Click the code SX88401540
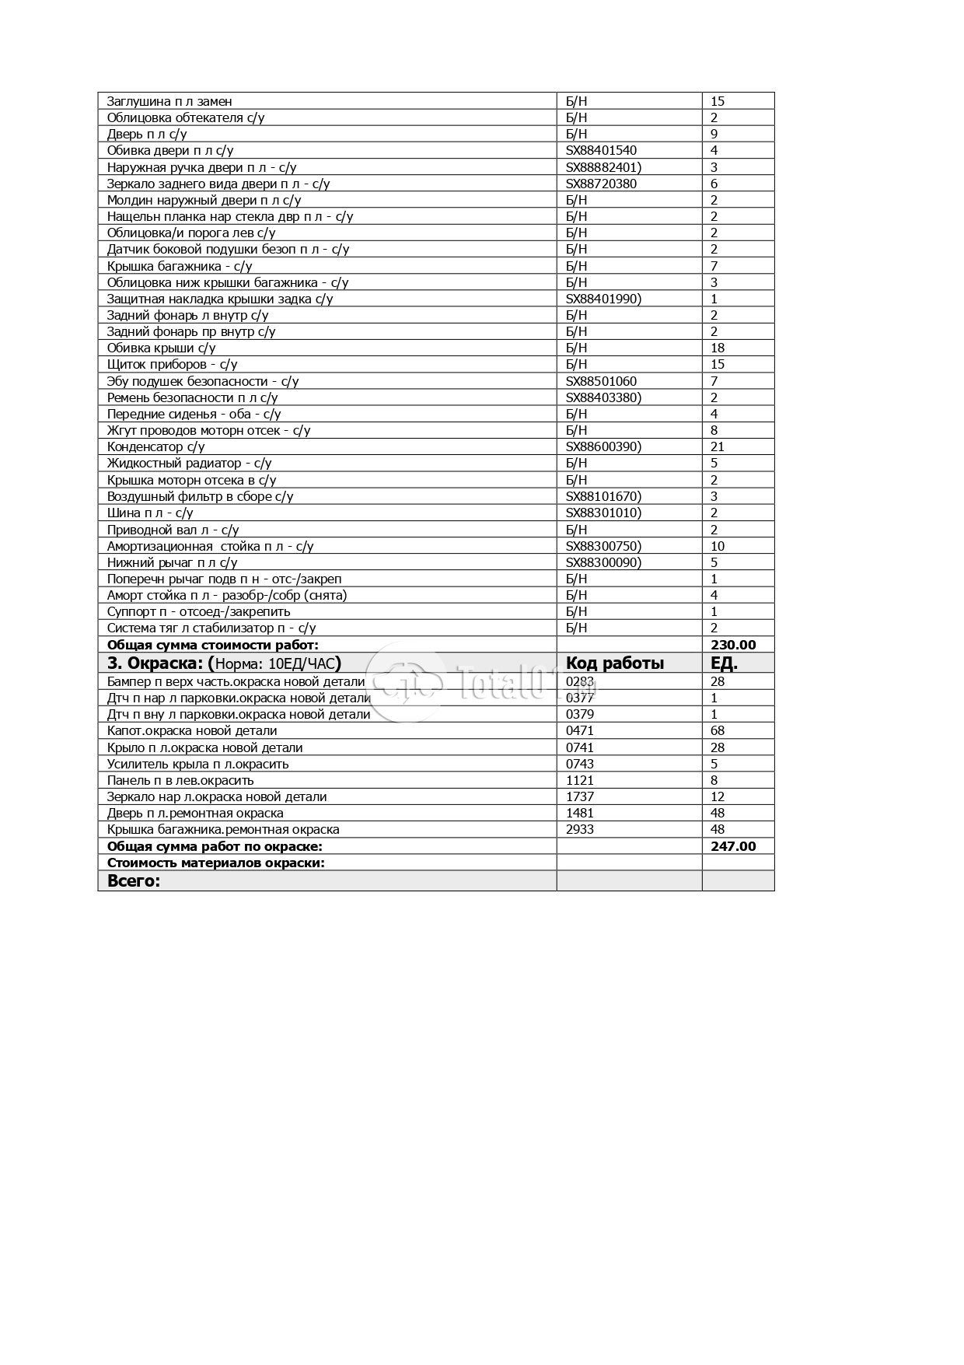601,150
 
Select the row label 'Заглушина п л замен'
169,101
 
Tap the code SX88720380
601,184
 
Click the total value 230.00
733,645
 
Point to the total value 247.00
733,846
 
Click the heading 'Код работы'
615,663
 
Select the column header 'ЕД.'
724,663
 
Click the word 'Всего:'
133,880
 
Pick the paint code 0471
579,730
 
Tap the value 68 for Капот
718,730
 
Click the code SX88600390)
603,446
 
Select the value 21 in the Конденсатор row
718,446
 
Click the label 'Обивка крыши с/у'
161,348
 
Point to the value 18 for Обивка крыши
718,348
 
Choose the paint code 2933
580,829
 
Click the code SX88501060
601,381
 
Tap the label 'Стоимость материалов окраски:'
215,863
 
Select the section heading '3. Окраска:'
155,663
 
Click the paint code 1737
580,796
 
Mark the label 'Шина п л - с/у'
150,513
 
